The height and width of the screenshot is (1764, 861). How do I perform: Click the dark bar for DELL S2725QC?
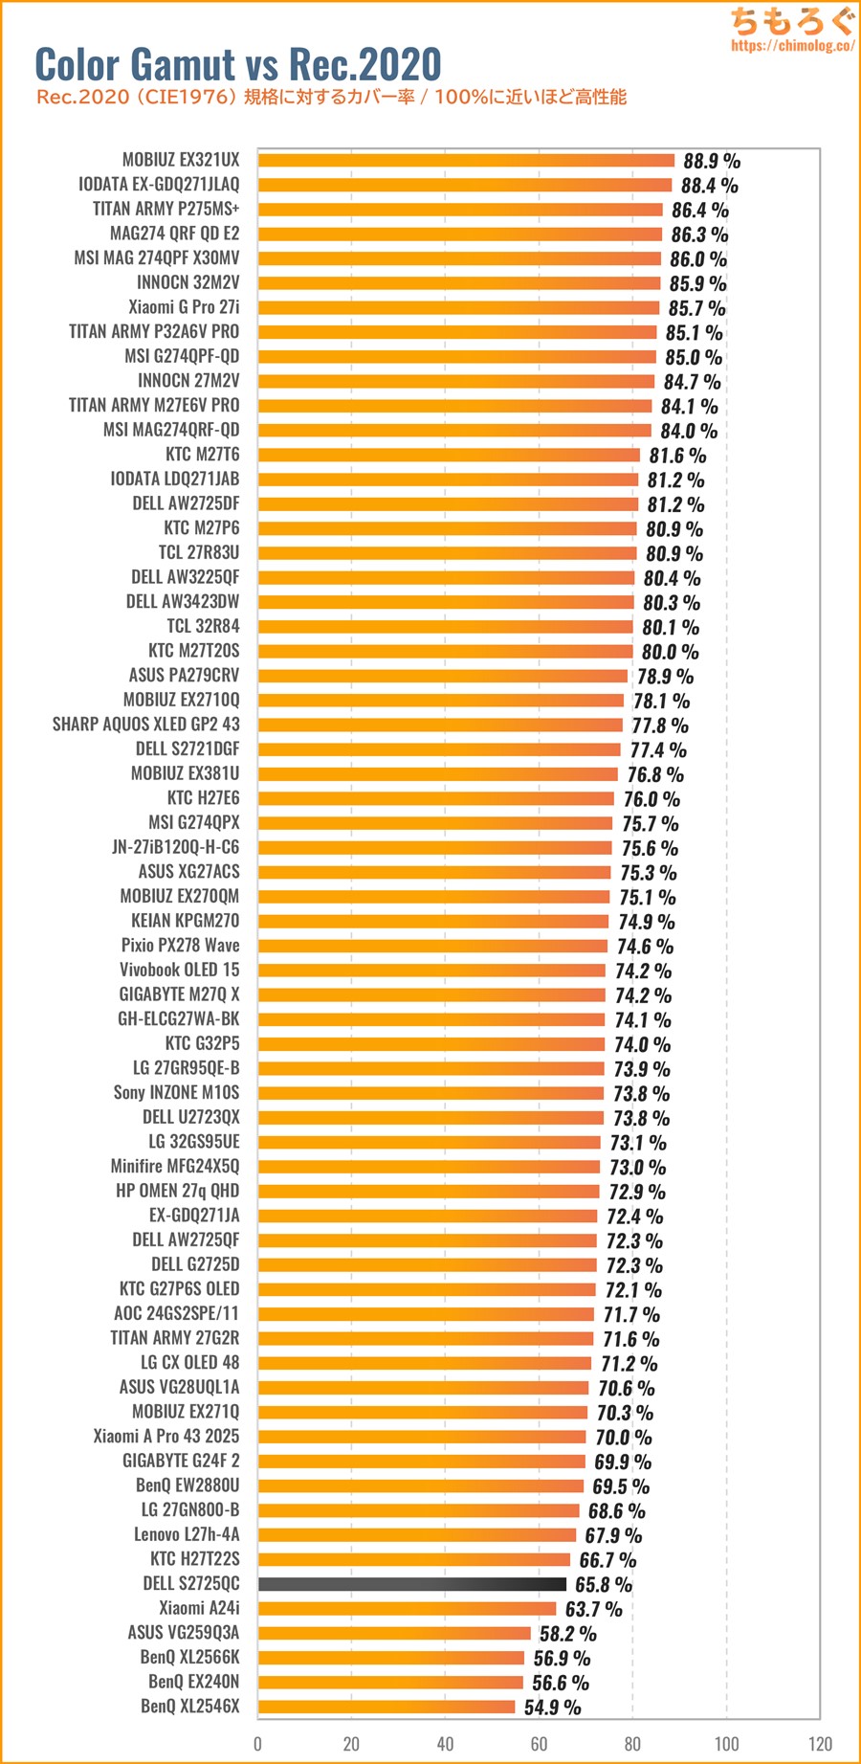pos(411,1584)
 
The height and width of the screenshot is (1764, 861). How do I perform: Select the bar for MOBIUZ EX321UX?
pos(466,160)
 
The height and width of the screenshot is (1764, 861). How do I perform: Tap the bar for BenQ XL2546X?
pos(386,1707)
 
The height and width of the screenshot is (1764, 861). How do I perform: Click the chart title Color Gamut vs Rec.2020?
pos(238,64)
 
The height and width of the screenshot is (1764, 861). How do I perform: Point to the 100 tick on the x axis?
pos(726,1743)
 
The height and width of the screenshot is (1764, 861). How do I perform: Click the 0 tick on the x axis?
pos(257,1743)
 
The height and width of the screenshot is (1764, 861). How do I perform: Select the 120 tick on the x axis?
pos(820,1743)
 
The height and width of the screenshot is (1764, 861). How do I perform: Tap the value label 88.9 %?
pos(712,161)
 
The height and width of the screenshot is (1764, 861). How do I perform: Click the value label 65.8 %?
pos(604,1585)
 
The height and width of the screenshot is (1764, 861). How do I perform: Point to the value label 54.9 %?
pos(552,1708)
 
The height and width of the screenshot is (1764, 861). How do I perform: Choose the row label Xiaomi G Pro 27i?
pos(184,307)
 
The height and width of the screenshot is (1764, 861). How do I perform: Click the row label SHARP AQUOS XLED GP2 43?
pos(146,725)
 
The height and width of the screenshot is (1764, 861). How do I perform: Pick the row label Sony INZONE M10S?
pos(177,1093)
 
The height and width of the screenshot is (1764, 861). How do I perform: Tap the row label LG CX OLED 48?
pos(190,1363)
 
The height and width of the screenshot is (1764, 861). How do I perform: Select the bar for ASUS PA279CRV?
pos(442,676)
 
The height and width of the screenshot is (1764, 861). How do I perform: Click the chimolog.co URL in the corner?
pos(792,45)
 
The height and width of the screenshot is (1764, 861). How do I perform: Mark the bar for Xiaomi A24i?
pos(407,1609)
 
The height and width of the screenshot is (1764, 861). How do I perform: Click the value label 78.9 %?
pos(665,677)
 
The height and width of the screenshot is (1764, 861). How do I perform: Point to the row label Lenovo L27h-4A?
pos(187,1534)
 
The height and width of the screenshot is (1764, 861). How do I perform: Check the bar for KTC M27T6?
pos(449,455)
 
